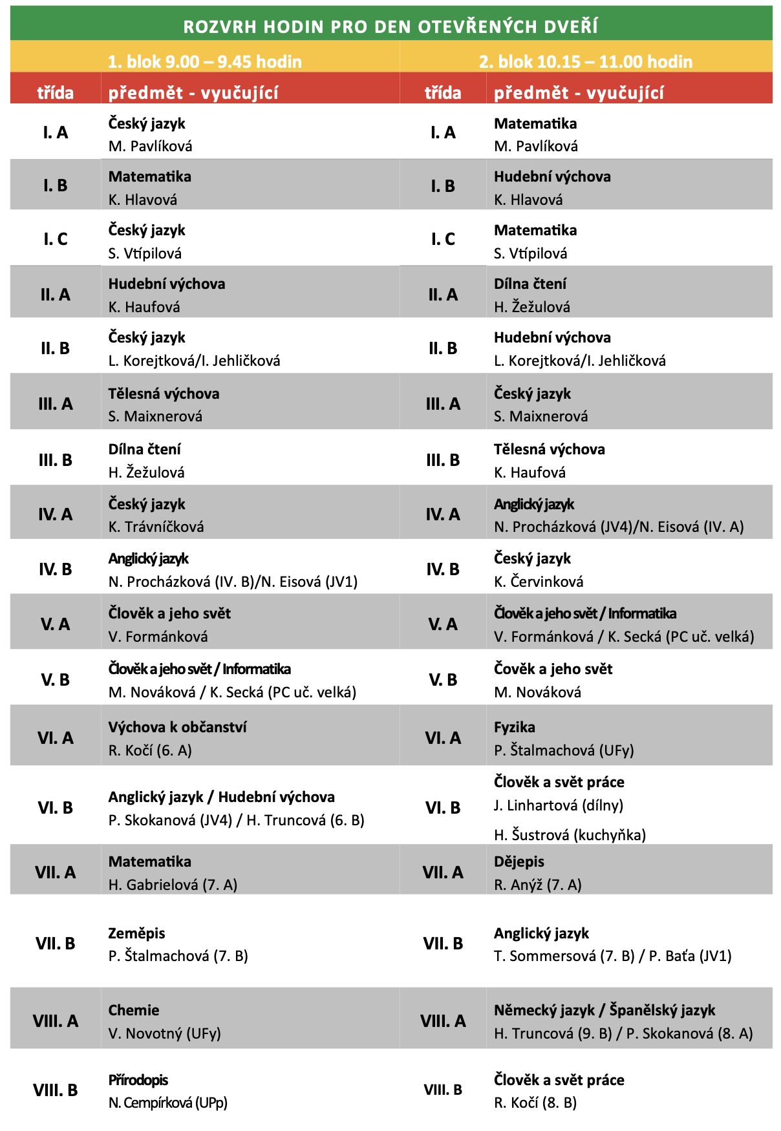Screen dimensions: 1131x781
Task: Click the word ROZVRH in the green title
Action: (220, 26)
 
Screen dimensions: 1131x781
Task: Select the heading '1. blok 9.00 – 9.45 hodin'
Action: (204, 61)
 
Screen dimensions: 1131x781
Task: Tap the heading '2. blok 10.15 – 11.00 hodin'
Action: (585, 61)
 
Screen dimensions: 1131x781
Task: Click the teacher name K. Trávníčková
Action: (156, 527)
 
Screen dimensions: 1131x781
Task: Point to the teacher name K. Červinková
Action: (538, 582)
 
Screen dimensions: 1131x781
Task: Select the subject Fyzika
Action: (514, 727)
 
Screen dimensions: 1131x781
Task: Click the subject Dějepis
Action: (519, 861)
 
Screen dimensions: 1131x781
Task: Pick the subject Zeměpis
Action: (136, 933)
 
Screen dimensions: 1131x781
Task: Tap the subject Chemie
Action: (133, 1010)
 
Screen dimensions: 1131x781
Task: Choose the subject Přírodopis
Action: (138, 1080)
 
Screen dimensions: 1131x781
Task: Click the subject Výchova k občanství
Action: (177, 727)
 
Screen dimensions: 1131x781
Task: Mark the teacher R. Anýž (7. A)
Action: (537, 885)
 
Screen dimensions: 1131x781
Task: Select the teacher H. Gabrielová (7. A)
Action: (173, 885)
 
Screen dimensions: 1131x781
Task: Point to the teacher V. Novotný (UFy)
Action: (164, 1033)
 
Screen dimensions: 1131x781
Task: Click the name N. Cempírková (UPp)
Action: (167, 1103)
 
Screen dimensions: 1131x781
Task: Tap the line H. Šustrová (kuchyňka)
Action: (570, 835)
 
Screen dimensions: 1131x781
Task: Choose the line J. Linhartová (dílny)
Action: (558, 805)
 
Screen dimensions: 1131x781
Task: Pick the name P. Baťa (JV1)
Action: (690, 956)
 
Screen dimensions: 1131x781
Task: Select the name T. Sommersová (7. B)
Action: (564, 956)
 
